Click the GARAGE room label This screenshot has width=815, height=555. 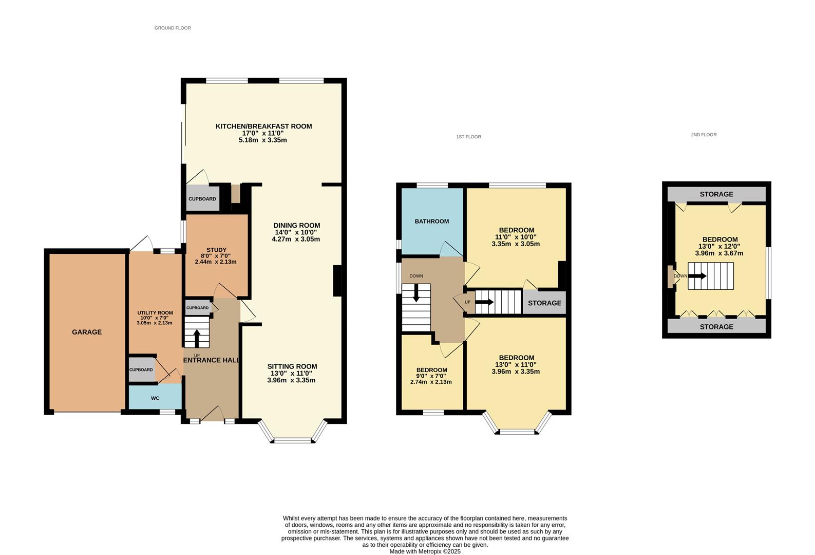coord(87,332)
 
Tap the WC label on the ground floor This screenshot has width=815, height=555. coord(155,398)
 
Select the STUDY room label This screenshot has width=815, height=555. coord(216,250)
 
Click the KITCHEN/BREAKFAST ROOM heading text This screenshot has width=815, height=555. coord(263,126)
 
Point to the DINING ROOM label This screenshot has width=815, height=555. coord(296,225)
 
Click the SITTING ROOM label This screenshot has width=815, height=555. coord(292,366)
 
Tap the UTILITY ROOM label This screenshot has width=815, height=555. coord(155,312)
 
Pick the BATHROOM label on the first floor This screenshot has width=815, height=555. coord(432,221)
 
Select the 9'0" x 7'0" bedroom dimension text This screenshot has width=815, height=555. coord(431,376)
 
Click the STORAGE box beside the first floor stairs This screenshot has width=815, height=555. coord(544,303)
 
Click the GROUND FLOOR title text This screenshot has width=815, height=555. coord(173,28)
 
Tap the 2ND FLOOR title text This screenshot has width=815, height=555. coord(704,135)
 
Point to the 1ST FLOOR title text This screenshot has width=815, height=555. coord(468,137)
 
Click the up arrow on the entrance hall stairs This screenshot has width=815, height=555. coord(197,338)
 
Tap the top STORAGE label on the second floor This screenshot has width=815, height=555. coord(716,194)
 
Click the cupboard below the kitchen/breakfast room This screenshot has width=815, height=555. coord(202,199)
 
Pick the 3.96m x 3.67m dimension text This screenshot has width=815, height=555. coord(719,253)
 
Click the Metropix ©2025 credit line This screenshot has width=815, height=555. coord(425,551)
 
